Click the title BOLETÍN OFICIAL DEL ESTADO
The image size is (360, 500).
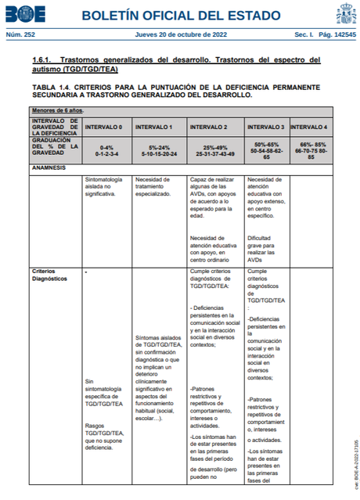click(x=181, y=15)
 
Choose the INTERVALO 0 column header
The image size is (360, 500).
click(x=103, y=127)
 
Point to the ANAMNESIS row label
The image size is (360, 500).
click(x=49, y=167)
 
